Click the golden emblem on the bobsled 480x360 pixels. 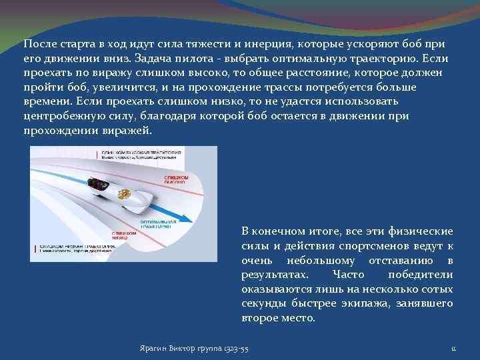point(123,196)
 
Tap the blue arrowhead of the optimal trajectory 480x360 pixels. point(190,219)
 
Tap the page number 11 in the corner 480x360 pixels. point(453,349)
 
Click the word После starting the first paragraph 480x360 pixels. point(39,43)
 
